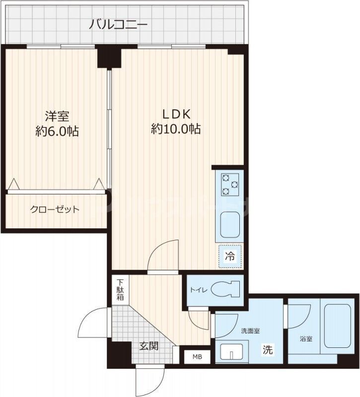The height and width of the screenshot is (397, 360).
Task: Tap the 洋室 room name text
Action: pyautogui.click(x=57, y=116)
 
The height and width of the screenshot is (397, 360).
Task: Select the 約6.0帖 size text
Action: pyautogui.click(x=57, y=132)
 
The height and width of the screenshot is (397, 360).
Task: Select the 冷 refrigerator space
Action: pyautogui.click(x=230, y=257)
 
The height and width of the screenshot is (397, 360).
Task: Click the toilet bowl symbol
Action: pyautogui.click(x=226, y=288)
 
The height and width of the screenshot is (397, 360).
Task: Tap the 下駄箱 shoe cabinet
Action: pyautogui.click(x=120, y=289)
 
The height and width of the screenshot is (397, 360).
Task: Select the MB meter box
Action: pyautogui.click(x=197, y=356)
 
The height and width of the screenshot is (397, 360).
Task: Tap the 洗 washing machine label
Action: pyautogui.click(x=267, y=350)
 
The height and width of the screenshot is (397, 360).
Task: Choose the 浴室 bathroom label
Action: pyautogui.click(x=306, y=339)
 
